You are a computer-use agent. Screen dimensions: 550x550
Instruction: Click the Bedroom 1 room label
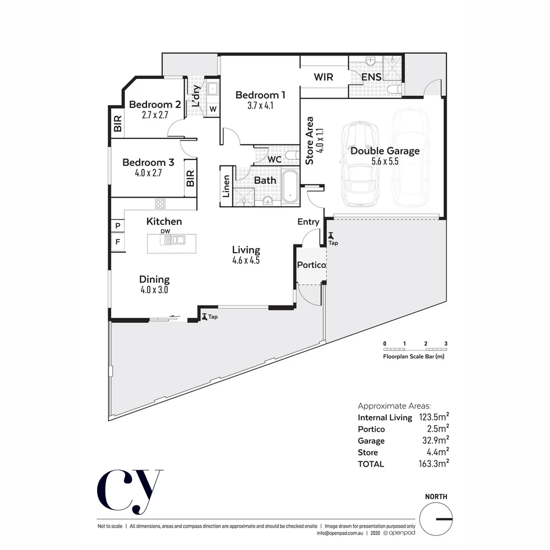260,95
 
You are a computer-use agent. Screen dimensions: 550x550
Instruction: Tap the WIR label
323,77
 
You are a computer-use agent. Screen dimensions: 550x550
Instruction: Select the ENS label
371,77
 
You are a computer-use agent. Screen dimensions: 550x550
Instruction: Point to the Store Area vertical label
310,141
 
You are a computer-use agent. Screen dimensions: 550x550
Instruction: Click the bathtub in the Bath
291,185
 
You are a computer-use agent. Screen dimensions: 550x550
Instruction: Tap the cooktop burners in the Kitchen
160,204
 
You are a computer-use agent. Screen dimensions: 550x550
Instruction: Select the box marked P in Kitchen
118,226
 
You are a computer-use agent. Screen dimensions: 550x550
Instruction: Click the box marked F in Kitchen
118,242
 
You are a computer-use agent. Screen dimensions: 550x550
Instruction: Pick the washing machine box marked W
213,109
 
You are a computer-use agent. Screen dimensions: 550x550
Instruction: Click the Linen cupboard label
226,186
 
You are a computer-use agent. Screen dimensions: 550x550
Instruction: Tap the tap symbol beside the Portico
331,236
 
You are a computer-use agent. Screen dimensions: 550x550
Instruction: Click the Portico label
311,265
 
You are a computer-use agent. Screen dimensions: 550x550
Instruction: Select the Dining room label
154,280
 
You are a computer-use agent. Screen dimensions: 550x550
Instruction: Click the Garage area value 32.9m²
434,441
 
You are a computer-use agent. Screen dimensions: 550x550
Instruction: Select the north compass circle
436,519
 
